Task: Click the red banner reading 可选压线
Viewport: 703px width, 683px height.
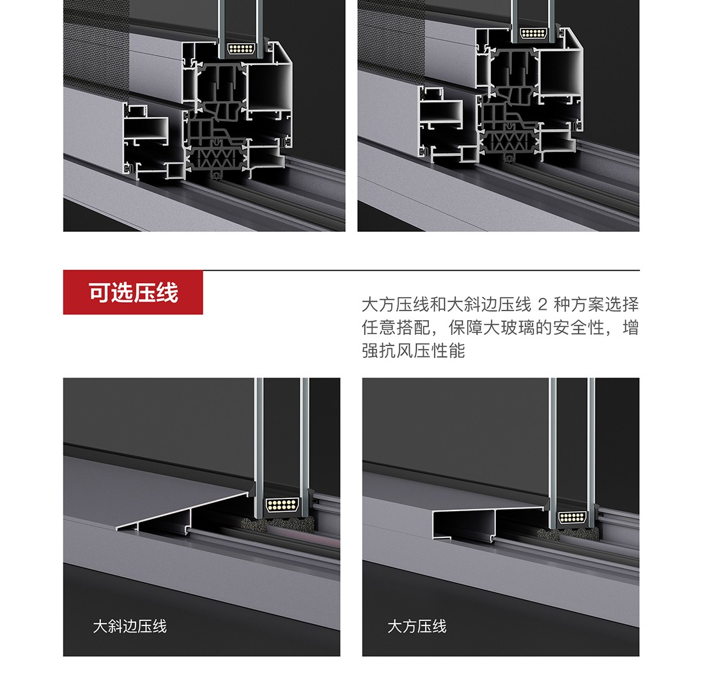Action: click(133, 292)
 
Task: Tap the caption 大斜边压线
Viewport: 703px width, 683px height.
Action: click(130, 626)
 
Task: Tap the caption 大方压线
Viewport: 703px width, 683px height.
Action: click(417, 626)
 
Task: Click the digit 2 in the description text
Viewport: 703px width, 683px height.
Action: click(543, 305)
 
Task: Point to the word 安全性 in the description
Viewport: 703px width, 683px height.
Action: click(579, 328)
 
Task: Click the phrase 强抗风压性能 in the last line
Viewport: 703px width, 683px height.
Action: click(413, 351)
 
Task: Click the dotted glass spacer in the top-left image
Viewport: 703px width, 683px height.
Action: click(241, 49)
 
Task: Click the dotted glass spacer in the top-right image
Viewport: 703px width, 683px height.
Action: click(533, 33)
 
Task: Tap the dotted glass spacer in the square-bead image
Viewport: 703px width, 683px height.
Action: click(573, 518)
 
